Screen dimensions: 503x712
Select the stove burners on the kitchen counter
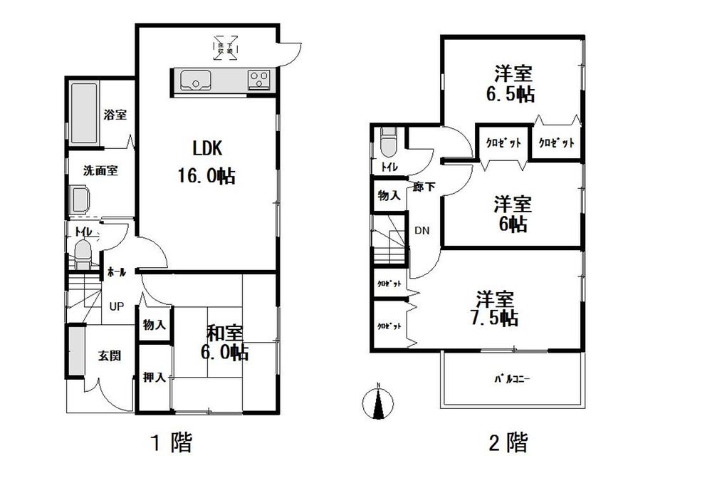[258, 80]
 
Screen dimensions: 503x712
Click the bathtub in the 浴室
[85, 113]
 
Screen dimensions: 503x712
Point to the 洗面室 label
[100, 171]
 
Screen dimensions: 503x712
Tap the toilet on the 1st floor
[83, 254]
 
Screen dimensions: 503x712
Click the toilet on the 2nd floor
[387, 144]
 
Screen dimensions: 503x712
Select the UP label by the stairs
[116, 307]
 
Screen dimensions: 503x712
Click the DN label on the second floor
[422, 231]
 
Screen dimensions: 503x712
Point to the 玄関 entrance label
[109, 356]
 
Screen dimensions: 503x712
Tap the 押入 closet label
[155, 378]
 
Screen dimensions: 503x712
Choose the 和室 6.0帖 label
[226, 342]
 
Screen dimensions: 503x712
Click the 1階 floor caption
[172, 444]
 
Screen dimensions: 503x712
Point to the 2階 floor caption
[508, 444]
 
